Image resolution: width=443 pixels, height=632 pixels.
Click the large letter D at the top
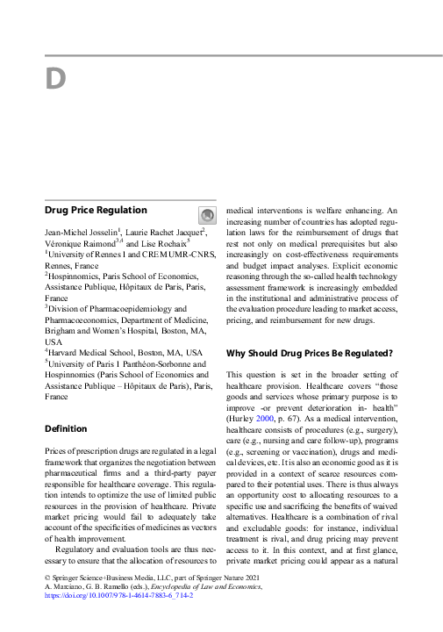coord(55,79)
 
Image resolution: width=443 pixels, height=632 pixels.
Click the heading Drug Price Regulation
coord(96,211)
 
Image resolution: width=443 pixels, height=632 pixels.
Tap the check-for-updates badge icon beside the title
coord(206,215)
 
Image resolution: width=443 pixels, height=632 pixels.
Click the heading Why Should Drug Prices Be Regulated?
coord(309,353)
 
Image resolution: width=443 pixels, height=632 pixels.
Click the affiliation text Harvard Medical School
coord(92,353)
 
